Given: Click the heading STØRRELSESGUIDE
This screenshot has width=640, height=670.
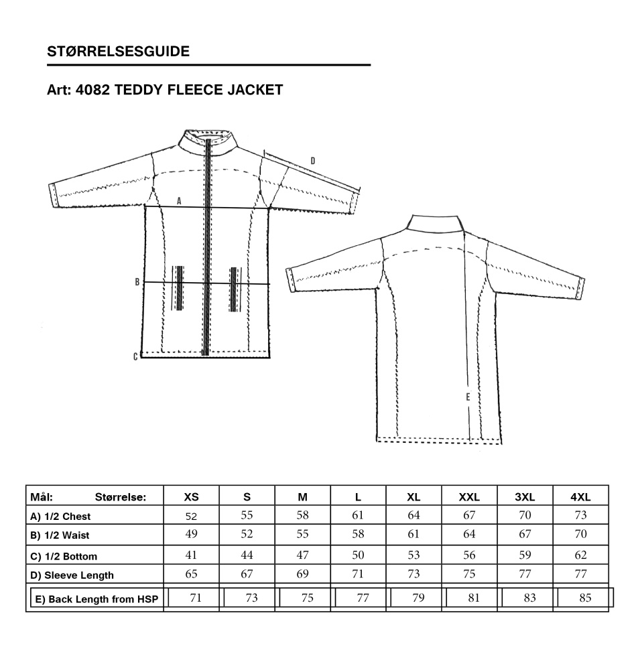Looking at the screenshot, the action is (118, 52).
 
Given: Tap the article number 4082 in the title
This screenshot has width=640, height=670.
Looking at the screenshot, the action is (92, 90).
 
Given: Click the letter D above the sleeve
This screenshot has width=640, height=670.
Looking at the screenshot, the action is (313, 161).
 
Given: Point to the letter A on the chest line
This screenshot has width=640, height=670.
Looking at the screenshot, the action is (179, 201).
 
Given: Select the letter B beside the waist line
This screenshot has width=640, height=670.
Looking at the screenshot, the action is (137, 282).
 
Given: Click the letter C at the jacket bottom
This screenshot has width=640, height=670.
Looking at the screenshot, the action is (135, 356).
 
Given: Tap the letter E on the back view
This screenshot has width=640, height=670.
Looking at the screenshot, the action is (468, 397).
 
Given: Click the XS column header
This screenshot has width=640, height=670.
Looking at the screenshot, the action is (191, 497).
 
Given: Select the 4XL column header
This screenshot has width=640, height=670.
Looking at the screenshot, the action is (580, 497).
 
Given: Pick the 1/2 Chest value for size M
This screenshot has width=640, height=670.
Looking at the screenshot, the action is (303, 515).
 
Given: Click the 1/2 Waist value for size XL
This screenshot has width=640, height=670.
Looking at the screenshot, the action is (414, 534).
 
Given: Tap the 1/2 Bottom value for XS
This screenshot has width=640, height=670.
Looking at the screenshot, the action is (191, 555).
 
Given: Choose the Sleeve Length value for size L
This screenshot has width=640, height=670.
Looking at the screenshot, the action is (358, 574).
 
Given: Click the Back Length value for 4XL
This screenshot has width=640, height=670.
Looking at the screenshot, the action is (585, 598).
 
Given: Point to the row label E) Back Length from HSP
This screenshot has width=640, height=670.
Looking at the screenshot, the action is (97, 599).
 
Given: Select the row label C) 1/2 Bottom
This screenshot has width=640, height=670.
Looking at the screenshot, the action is (64, 556).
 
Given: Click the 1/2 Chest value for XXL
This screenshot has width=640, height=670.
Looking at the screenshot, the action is (469, 515).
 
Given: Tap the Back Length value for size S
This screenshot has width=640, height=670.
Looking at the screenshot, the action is (252, 598).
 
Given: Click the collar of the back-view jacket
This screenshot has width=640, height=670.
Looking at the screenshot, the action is (435, 224).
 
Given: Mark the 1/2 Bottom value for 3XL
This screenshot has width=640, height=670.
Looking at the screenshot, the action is (525, 555).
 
